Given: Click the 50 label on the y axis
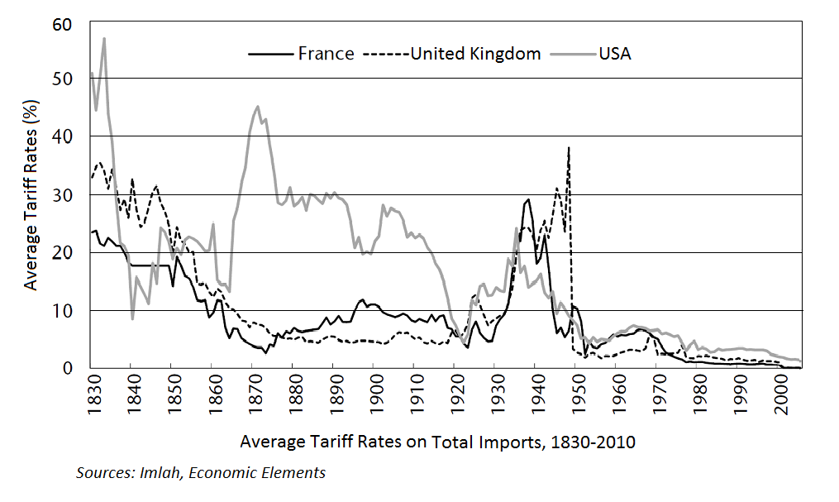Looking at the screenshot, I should click(x=68, y=79).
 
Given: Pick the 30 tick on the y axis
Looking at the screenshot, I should click(x=68, y=194).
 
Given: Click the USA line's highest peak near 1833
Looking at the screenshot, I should click(x=104, y=38).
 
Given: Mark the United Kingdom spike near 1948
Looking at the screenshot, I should click(x=569, y=148).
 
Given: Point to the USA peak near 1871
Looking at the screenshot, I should click(x=258, y=107).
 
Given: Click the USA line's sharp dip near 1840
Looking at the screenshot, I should click(x=132, y=318).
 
